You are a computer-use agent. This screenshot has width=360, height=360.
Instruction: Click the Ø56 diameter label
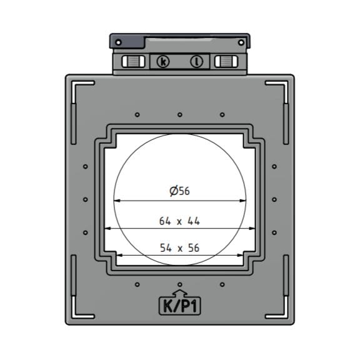pyautogui.click(x=179, y=191)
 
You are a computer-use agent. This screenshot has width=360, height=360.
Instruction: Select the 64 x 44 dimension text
pyautogui.click(x=179, y=221)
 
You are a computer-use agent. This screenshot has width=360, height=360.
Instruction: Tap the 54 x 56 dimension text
pyautogui.click(x=179, y=248)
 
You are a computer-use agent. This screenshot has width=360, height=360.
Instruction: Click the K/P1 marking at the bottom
pyautogui.click(x=179, y=306)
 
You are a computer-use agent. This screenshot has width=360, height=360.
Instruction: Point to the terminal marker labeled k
pyautogui.click(x=163, y=62)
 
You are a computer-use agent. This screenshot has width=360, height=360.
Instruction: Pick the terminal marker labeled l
pyautogui.click(x=197, y=62)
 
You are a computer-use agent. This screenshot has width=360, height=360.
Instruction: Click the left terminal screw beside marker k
pyautogui.click(x=132, y=62)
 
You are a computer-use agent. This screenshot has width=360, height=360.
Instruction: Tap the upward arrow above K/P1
pyautogui.click(x=179, y=292)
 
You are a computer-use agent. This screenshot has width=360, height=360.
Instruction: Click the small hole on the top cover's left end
pyautogui.click(x=118, y=42)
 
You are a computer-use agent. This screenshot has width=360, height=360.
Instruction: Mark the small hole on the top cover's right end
pyautogui.click(x=241, y=42)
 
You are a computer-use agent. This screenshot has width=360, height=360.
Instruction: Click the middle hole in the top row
pyautogui.click(x=179, y=114)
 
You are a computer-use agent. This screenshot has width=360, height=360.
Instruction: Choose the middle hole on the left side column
pyautogui.click(x=85, y=199)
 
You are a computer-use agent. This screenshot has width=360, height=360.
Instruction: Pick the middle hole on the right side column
pyautogui.click(x=274, y=199)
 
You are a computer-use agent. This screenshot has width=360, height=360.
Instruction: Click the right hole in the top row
pyautogui.click(x=222, y=114)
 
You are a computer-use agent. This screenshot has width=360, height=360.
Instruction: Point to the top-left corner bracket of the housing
pyautogui.click(x=78, y=87)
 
